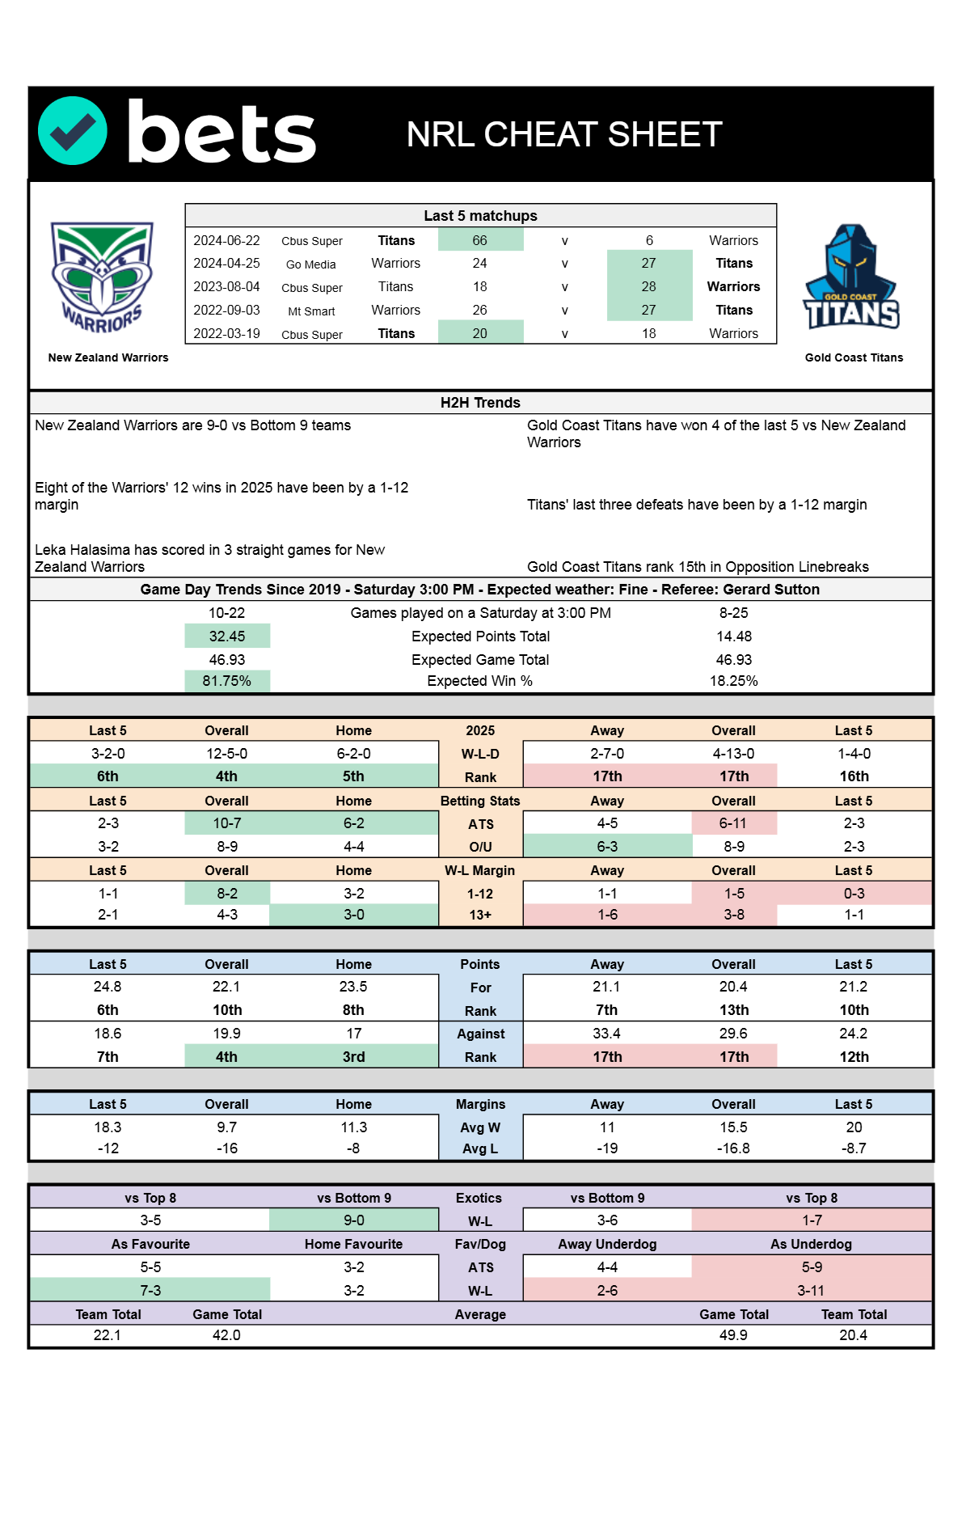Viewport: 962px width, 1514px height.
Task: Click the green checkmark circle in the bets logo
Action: [73, 131]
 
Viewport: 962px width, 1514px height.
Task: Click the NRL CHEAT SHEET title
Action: [563, 134]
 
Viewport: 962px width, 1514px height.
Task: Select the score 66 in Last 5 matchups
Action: [480, 240]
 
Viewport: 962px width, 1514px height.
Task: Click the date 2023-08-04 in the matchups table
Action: [226, 286]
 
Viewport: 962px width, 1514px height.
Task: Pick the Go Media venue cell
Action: [311, 264]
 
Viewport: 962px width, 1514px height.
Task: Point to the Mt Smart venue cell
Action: [311, 311]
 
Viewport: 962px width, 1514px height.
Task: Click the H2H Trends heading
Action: [480, 403]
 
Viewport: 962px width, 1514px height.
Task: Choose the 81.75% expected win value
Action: [226, 681]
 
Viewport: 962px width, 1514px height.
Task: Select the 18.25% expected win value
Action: [733, 681]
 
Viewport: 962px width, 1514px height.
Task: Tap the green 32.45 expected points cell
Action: [226, 636]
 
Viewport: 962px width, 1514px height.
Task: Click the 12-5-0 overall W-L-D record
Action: [226, 754]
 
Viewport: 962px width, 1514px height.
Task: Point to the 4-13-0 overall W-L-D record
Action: [733, 754]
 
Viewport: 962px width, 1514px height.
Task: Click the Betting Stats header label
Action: [480, 801]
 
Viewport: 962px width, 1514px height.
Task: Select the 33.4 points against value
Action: [606, 1034]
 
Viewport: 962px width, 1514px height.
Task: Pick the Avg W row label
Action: [480, 1127]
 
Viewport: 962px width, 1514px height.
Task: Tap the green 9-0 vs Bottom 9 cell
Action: [353, 1220]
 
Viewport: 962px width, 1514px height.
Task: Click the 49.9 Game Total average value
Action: [733, 1335]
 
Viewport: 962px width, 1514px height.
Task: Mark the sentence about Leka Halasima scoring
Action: [209, 558]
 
